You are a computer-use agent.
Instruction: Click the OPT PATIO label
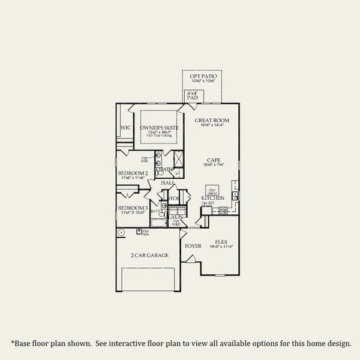click(x=202, y=77)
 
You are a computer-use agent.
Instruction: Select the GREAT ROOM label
click(x=212, y=120)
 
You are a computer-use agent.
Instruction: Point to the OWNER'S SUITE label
click(x=159, y=128)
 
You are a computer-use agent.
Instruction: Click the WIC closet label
click(x=125, y=128)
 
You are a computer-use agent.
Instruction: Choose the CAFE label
click(x=212, y=160)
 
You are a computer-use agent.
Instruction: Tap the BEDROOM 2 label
click(x=133, y=173)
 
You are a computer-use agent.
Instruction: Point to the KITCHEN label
click(x=212, y=198)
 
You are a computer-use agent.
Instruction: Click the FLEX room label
click(x=222, y=241)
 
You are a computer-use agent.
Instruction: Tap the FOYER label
click(x=193, y=246)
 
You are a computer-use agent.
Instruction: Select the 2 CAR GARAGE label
click(x=149, y=255)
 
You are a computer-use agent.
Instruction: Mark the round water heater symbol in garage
click(x=121, y=232)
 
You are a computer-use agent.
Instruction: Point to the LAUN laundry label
click(x=176, y=217)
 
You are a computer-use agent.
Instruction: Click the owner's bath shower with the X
click(x=179, y=161)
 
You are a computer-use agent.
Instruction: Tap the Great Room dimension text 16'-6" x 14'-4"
click(x=212, y=125)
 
